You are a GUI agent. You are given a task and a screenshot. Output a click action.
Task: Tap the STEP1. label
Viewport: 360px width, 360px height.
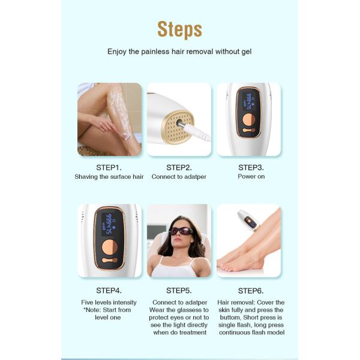point(109,167)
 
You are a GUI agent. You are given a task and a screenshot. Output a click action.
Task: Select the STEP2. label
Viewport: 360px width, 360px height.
point(179,167)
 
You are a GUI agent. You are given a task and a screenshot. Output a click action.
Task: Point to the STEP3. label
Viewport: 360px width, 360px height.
point(251,167)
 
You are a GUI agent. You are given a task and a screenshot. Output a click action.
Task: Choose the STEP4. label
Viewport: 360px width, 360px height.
point(109,290)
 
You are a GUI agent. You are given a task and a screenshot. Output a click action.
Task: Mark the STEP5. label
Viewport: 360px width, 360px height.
point(179,290)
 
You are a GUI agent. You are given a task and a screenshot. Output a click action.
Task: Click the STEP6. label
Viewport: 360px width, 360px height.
point(251,290)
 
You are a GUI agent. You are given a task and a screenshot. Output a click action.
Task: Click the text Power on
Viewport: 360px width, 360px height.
point(251,177)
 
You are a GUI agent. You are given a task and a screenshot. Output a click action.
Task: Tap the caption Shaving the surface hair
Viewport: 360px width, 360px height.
point(109,177)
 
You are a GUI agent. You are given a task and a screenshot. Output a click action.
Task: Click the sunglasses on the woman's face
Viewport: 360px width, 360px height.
point(181,231)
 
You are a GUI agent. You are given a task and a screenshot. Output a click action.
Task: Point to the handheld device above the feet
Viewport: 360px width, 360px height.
point(247,220)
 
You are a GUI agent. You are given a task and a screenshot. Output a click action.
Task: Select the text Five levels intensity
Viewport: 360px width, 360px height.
point(109,302)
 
